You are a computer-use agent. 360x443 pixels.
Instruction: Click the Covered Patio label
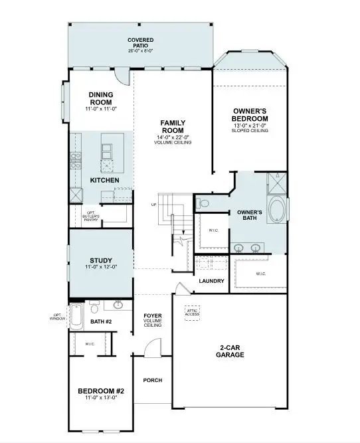[140, 41]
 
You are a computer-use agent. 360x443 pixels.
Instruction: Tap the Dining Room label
[101, 98]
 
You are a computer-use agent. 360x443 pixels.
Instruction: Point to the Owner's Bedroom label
[250, 114]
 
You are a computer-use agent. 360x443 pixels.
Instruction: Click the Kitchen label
[104, 181]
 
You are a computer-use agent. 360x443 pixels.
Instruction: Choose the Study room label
[101, 260]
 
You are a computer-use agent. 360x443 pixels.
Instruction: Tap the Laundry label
[211, 281]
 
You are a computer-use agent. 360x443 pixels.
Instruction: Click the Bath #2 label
[101, 322]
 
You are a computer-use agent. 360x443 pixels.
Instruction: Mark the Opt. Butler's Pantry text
[91, 216]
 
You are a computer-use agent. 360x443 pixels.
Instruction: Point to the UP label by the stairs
[153, 205]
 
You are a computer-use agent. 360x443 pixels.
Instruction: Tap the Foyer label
[153, 315]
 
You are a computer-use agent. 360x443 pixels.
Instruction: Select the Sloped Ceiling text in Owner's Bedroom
[250, 131]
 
